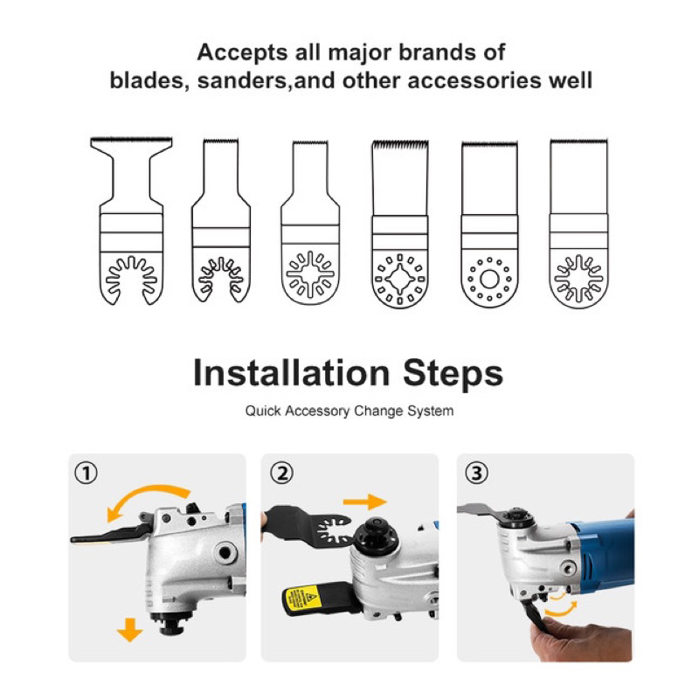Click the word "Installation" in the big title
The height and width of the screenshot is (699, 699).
[x=292, y=373]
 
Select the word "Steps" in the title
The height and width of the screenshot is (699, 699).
[x=453, y=375]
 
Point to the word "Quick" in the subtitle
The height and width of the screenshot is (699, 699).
[x=263, y=411]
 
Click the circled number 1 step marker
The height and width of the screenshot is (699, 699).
[x=86, y=473]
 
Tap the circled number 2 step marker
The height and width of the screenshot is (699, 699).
[x=282, y=473]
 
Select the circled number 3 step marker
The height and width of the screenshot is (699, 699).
[x=476, y=473]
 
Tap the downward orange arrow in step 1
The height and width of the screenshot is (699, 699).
[x=129, y=630]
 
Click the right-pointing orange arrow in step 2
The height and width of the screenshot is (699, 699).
[x=364, y=502]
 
